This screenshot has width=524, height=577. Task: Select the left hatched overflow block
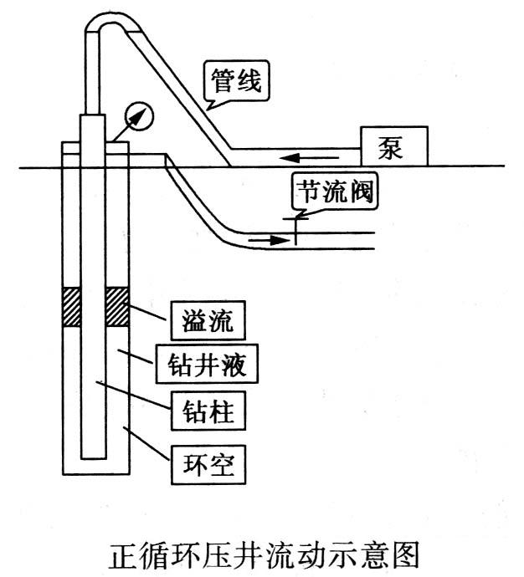pos(72,308)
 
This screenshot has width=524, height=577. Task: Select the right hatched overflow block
pos(117,308)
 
